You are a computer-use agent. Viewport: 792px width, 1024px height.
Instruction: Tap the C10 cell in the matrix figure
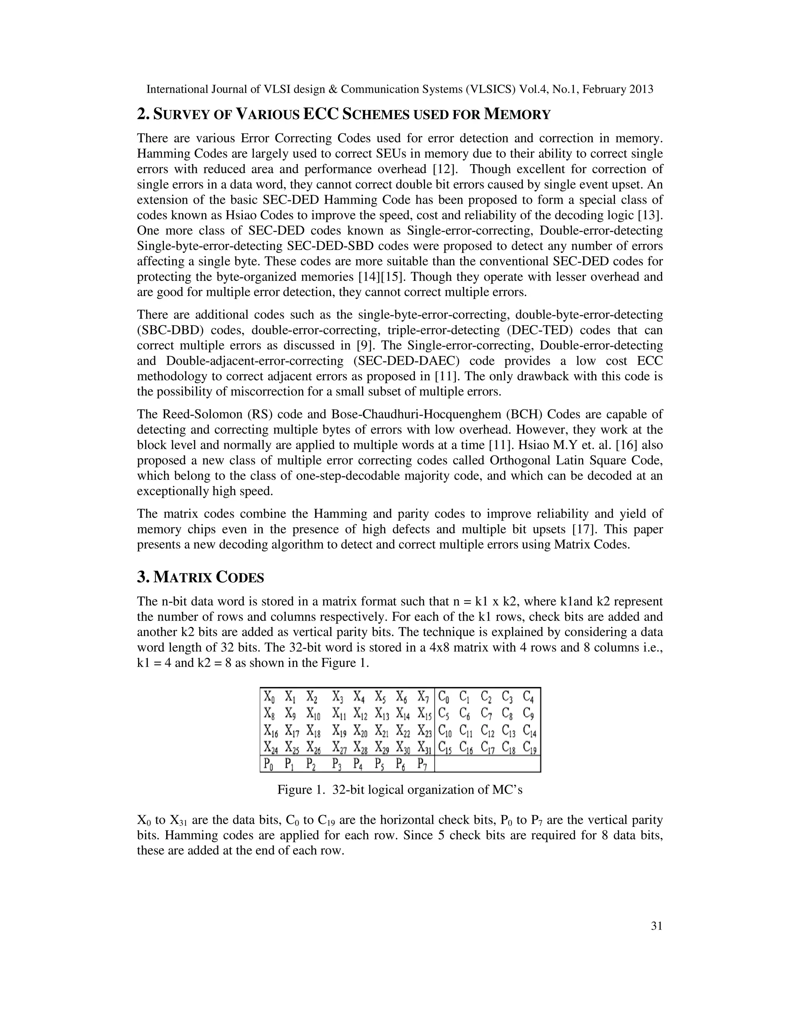[446, 730]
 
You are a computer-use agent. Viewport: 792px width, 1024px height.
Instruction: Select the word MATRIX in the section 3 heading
[183, 577]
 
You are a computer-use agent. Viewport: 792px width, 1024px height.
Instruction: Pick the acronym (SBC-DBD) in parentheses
[170, 330]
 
